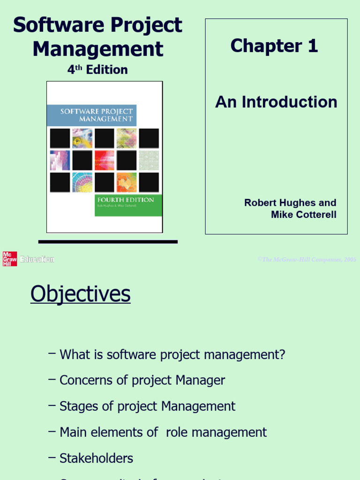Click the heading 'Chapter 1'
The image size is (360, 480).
coord(274,46)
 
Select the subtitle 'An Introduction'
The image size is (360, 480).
coord(276,102)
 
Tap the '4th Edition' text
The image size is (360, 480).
coord(97,70)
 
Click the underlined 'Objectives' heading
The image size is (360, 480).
coord(80,294)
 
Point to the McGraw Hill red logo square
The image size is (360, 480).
coord(10,259)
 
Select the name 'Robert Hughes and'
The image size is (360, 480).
coord(290,202)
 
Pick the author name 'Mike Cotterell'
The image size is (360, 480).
coord(303,215)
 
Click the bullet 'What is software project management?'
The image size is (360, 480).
coord(172,354)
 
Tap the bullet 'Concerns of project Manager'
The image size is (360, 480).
coord(142,380)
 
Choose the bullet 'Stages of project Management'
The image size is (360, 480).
coord(147,406)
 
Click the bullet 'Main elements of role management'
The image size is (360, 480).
coord(163,432)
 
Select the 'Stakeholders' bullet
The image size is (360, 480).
coord(96,457)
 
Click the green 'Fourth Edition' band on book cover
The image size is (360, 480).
coord(128,205)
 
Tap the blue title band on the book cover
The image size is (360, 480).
coord(91,115)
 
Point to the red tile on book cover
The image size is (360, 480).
coord(104,160)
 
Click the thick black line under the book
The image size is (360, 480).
coord(108,242)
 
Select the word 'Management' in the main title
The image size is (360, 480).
coord(98,49)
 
